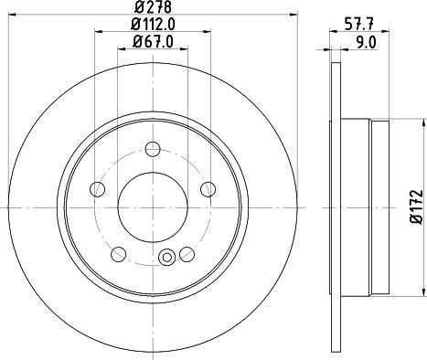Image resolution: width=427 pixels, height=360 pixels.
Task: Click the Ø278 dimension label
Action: click(x=153, y=6)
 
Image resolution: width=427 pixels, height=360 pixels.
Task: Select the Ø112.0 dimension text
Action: click(x=153, y=25)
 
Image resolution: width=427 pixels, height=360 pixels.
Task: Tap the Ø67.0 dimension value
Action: click(x=153, y=42)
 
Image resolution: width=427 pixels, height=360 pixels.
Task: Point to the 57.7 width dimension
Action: click(x=359, y=25)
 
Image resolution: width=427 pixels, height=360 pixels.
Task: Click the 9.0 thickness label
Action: click(x=367, y=42)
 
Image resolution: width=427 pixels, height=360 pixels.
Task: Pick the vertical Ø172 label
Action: click(x=417, y=207)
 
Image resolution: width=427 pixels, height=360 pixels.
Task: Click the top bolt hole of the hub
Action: click(x=153, y=149)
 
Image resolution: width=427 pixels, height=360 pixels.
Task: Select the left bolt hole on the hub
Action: click(x=98, y=189)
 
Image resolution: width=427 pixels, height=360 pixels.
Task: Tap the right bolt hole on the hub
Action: click(x=208, y=189)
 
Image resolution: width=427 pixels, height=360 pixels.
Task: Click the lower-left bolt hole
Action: click(x=119, y=254)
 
